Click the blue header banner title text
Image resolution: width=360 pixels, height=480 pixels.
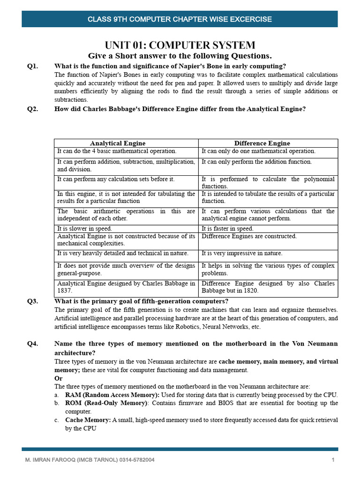[x=180, y=19]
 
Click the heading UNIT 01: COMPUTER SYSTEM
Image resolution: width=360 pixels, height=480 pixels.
[x=180, y=45]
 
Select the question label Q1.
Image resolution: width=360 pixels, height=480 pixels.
[x=32, y=66]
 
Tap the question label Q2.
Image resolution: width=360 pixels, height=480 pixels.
[x=32, y=109]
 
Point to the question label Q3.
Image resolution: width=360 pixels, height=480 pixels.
[x=32, y=301]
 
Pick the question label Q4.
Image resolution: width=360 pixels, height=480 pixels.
[x=32, y=344]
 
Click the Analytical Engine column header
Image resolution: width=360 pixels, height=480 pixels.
[x=118, y=143]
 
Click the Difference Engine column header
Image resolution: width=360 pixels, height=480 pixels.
[x=262, y=143]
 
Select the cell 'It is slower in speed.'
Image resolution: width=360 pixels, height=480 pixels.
[x=84, y=229]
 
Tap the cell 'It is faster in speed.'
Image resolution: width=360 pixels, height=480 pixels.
[x=227, y=229]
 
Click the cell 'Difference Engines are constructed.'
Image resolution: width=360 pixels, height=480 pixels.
[x=249, y=236]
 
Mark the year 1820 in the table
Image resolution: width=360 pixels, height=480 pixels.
[x=251, y=291]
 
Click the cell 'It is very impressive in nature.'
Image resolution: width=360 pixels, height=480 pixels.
[x=242, y=253]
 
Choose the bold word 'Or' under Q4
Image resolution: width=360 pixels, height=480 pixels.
[x=58, y=378]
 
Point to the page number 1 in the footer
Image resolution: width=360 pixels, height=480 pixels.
[x=333, y=460]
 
